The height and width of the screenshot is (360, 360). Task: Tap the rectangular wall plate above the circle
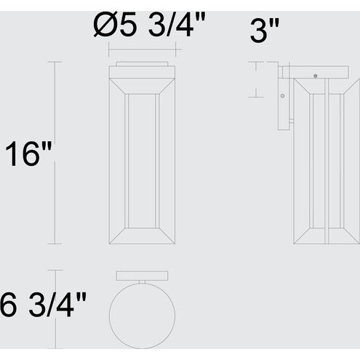coord(142,274)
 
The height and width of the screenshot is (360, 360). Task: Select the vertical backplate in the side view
coord(284,102)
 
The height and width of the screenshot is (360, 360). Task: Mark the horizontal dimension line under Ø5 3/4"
coord(143,49)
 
